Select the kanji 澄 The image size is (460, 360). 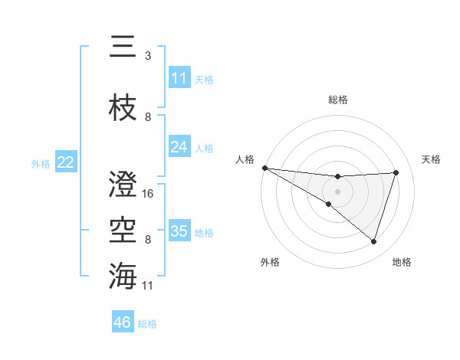point(124,185)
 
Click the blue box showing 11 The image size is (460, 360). point(179,78)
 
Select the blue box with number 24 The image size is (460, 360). point(179,147)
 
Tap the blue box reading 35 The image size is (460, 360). point(179,231)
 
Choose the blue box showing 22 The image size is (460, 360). point(66,162)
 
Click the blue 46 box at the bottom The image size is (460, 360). point(123,322)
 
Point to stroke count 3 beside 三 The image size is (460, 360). point(148,56)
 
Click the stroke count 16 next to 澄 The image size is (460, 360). point(148,194)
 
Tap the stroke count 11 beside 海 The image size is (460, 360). point(148,286)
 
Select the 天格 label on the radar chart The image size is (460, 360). point(432,159)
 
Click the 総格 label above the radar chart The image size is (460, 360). point(338,100)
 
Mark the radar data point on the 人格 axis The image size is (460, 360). point(264,167)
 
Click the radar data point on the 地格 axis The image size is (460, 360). point(374,241)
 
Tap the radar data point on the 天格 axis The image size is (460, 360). point(396,172)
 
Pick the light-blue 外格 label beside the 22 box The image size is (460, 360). point(41,163)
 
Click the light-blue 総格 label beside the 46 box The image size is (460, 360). point(147,324)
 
